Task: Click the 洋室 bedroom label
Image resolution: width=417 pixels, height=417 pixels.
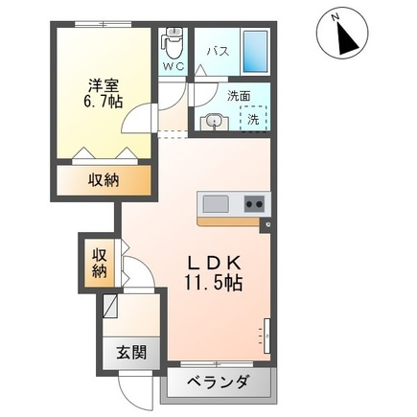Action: (x=104, y=85)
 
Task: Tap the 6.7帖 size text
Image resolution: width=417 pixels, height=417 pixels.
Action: (x=104, y=102)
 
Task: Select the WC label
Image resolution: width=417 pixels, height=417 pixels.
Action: (x=174, y=66)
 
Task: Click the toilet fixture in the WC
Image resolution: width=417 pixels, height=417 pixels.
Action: (x=174, y=43)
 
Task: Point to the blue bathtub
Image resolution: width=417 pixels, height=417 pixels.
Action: (x=255, y=52)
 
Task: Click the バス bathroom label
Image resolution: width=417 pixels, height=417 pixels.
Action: (x=219, y=51)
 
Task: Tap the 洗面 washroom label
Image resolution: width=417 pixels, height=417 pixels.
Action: (x=239, y=96)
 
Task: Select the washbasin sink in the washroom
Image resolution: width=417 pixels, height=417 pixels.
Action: (x=214, y=123)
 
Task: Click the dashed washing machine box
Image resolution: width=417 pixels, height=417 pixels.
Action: (x=253, y=119)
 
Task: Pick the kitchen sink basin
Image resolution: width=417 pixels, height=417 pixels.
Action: (x=216, y=204)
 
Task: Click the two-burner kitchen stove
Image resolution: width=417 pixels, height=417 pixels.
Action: (x=254, y=204)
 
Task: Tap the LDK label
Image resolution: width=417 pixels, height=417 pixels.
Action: (x=214, y=264)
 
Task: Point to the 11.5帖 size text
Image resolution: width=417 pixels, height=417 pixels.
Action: (x=213, y=283)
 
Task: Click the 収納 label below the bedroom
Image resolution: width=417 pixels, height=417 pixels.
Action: (x=104, y=180)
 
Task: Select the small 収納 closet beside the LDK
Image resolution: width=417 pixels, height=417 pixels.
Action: (x=100, y=263)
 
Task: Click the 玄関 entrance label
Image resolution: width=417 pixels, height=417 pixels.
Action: (x=131, y=353)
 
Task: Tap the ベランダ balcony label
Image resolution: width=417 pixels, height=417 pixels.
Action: (x=218, y=382)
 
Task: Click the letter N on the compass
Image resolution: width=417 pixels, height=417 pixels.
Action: (x=336, y=17)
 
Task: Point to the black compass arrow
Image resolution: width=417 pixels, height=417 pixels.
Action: (x=348, y=38)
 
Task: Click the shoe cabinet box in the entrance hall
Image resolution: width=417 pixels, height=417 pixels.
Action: (x=110, y=306)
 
